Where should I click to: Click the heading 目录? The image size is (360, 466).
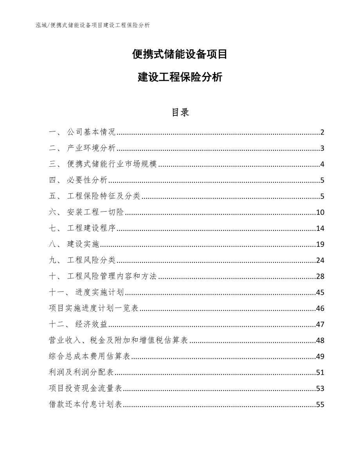pos(180,112)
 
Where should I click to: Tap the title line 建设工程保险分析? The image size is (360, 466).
pos(180,77)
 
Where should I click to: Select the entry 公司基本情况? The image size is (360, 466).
pos(91,132)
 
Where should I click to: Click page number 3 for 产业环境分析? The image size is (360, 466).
pos(322,148)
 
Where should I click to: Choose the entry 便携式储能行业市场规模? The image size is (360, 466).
pos(112,164)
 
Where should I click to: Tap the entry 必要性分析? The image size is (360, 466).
pos(87,180)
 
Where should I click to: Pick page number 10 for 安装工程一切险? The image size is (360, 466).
pos(320,212)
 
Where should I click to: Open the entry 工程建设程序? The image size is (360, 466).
pos(91,229)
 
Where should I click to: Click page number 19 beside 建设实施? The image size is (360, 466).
pos(320,245)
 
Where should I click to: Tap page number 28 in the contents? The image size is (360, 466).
pos(320,277)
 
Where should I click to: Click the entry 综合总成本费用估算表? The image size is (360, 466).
pos(90,356)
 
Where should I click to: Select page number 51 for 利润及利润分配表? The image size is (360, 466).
pos(320,372)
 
